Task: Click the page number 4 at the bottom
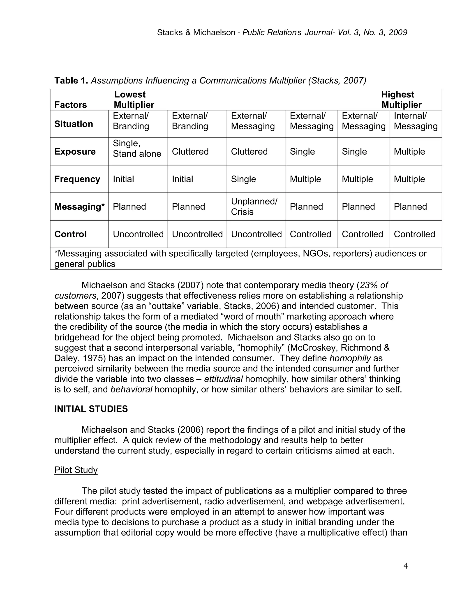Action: pos(405,566)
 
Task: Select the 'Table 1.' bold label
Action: pos(71,81)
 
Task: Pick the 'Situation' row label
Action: pos(74,124)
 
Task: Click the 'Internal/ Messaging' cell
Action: pos(416,121)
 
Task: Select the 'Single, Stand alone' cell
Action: pos(137,148)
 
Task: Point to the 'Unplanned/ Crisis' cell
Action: pos(254,206)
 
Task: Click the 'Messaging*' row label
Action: pos(79,206)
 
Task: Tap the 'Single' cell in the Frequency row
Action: pos(243,179)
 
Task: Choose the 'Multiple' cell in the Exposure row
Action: pos(409,151)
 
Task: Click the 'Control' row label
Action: pos(70,234)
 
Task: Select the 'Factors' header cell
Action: pos(70,105)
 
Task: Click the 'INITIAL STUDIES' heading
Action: pos(91,409)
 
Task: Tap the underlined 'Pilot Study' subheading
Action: pos(76,470)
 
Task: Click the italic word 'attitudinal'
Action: pos(223,379)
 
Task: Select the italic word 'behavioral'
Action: pos(131,389)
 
